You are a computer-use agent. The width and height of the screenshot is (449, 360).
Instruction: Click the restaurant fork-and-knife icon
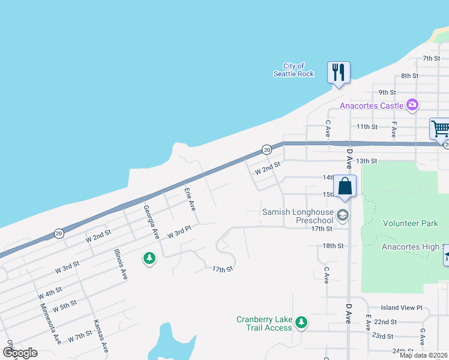click(338, 73)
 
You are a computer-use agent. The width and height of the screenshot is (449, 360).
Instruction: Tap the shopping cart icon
click(440, 128)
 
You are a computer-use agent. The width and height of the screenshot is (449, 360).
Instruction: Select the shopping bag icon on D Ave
click(345, 186)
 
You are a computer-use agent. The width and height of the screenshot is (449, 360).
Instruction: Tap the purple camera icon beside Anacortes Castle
click(412, 106)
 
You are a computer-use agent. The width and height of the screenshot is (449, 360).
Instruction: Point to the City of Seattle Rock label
click(294, 70)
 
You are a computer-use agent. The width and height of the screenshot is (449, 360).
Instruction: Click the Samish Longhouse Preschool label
click(298, 216)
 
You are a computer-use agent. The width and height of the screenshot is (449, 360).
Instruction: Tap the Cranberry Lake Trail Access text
click(264, 323)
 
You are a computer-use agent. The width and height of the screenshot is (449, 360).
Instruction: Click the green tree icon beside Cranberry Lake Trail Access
click(301, 323)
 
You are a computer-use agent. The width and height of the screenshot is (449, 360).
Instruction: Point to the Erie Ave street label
click(190, 199)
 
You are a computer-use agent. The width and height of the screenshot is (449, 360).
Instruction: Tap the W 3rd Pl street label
click(179, 232)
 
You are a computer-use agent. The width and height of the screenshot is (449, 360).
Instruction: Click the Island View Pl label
click(402, 307)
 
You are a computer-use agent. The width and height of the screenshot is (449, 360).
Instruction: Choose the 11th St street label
click(367, 127)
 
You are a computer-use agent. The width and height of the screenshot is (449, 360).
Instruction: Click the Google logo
click(20, 353)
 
